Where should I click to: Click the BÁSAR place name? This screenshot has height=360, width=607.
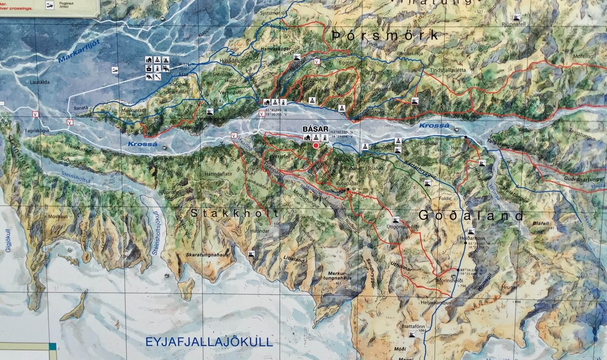click(x=315, y=129)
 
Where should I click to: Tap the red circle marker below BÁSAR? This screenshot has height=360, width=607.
click(x=316, y=146)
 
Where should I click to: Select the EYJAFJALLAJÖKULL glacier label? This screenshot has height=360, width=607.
click(x=209, y=342)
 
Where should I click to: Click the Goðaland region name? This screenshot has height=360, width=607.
click(x=471, y=216)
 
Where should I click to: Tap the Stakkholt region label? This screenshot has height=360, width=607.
click(x=234, y=213)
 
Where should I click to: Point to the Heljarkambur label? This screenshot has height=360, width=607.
click(x=436, y=303)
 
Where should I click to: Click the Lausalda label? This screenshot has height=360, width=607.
click(x=40, y=82)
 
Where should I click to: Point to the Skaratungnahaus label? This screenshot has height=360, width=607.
click(x=207, y=254)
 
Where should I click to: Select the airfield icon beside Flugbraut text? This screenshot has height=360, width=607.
click(x=49, y=5)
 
